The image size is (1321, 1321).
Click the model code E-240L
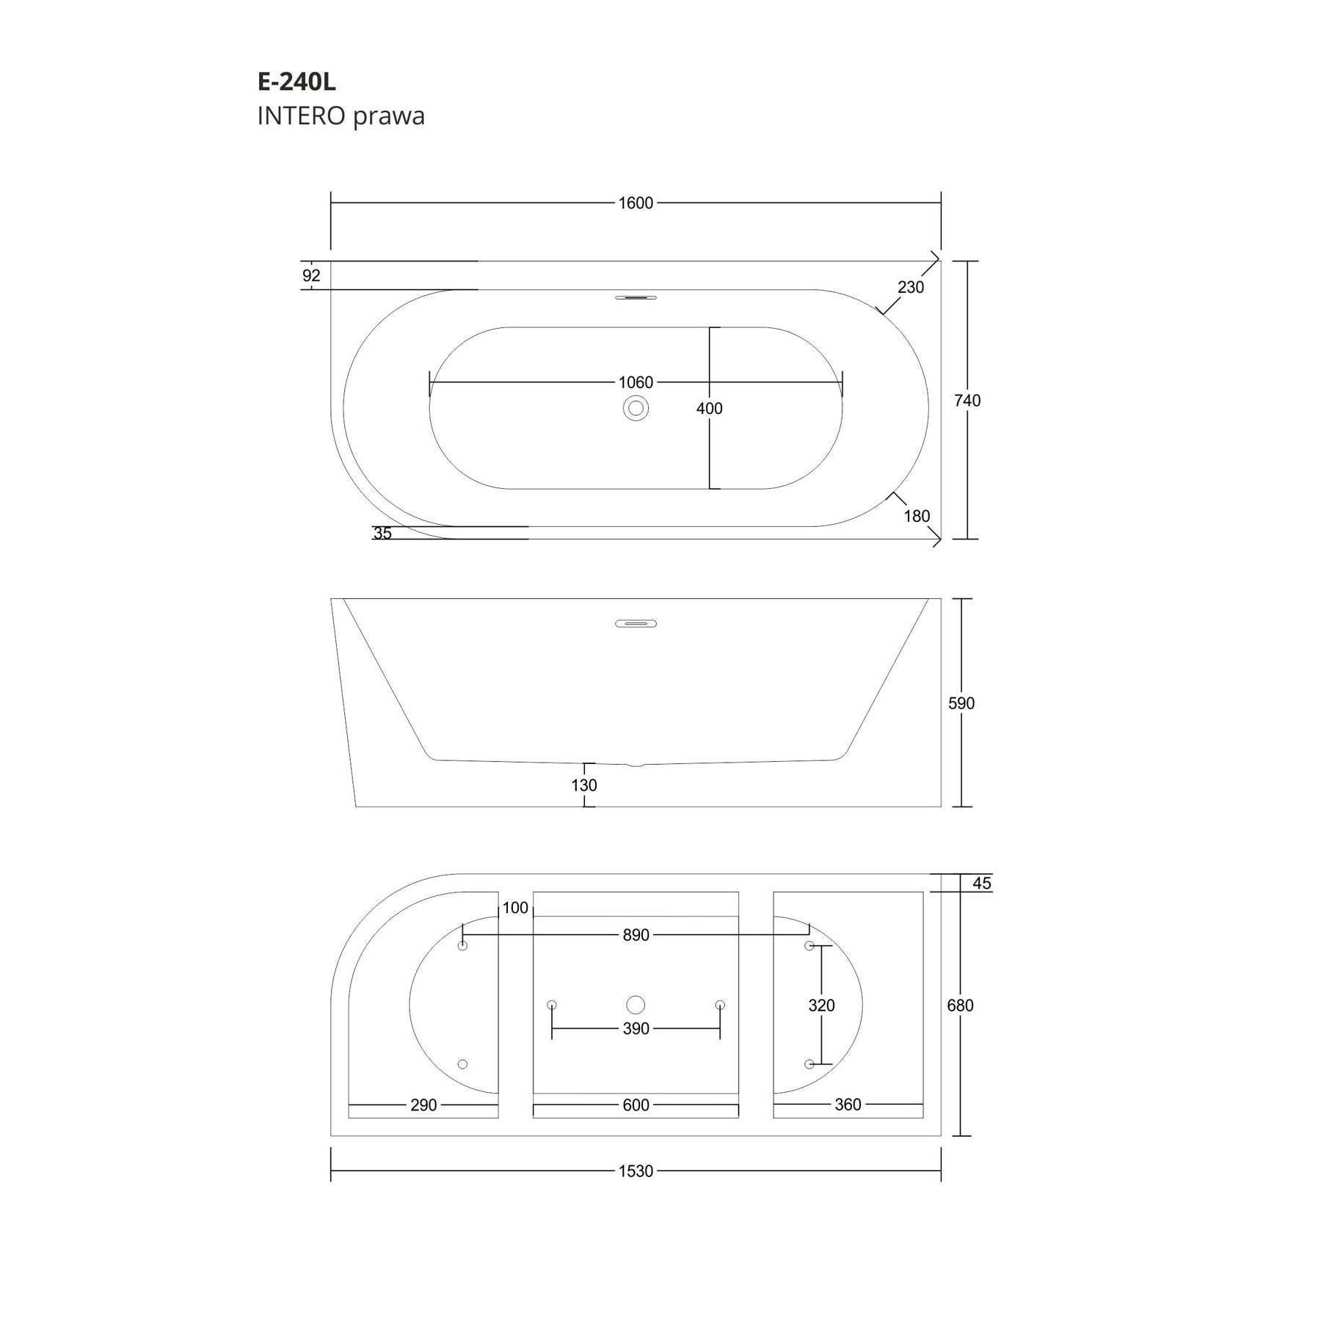coord(296,82)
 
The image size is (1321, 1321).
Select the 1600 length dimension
coord(636,203)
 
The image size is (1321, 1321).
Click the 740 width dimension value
coord(967,401)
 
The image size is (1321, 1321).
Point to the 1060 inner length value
coord(636,382)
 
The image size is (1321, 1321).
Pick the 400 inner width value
coord(710,409)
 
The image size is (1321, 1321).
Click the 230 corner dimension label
coord(911,288)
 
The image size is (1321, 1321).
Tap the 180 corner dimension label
coord(917,517)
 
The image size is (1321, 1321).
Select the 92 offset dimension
coord(311,276)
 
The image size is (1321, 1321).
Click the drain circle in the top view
coord(636,408)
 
